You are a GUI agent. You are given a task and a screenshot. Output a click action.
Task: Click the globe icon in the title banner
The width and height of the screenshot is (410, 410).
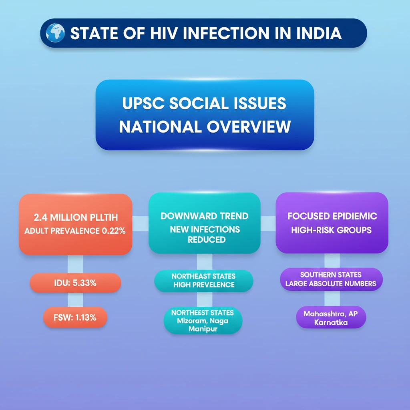click(55, 33)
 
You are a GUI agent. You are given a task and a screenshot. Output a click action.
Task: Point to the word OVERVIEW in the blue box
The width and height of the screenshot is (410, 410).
click(249, 127)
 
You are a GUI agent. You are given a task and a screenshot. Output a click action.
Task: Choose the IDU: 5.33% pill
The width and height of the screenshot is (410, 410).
click(75, 283)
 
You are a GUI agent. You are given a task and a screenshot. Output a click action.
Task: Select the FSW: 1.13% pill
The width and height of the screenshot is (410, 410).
click(75, 317)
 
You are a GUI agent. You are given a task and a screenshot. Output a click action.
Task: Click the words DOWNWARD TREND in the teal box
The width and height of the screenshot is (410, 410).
click(205, 216)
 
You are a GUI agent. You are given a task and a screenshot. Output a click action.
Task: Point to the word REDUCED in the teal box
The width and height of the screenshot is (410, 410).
click(207, 239)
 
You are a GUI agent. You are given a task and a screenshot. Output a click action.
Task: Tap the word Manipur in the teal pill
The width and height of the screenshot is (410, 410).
click(203, 329)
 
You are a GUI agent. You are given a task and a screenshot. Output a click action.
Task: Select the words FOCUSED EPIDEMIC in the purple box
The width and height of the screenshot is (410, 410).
click(332, 216)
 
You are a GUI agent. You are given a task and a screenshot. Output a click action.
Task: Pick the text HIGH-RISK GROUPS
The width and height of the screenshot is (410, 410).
click(331, 230)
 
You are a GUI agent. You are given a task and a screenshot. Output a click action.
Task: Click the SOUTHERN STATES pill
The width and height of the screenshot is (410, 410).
click(331, 279)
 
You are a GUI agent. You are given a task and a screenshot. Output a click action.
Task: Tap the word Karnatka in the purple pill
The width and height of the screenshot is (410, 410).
click(331, 322)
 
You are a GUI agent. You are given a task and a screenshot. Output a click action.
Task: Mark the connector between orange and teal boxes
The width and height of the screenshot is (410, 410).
click(141, 223)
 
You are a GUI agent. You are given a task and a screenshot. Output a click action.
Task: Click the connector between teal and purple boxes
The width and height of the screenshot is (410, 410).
click(268, 223)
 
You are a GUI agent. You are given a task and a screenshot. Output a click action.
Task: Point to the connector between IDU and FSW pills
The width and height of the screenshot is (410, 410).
click(75, 299)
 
